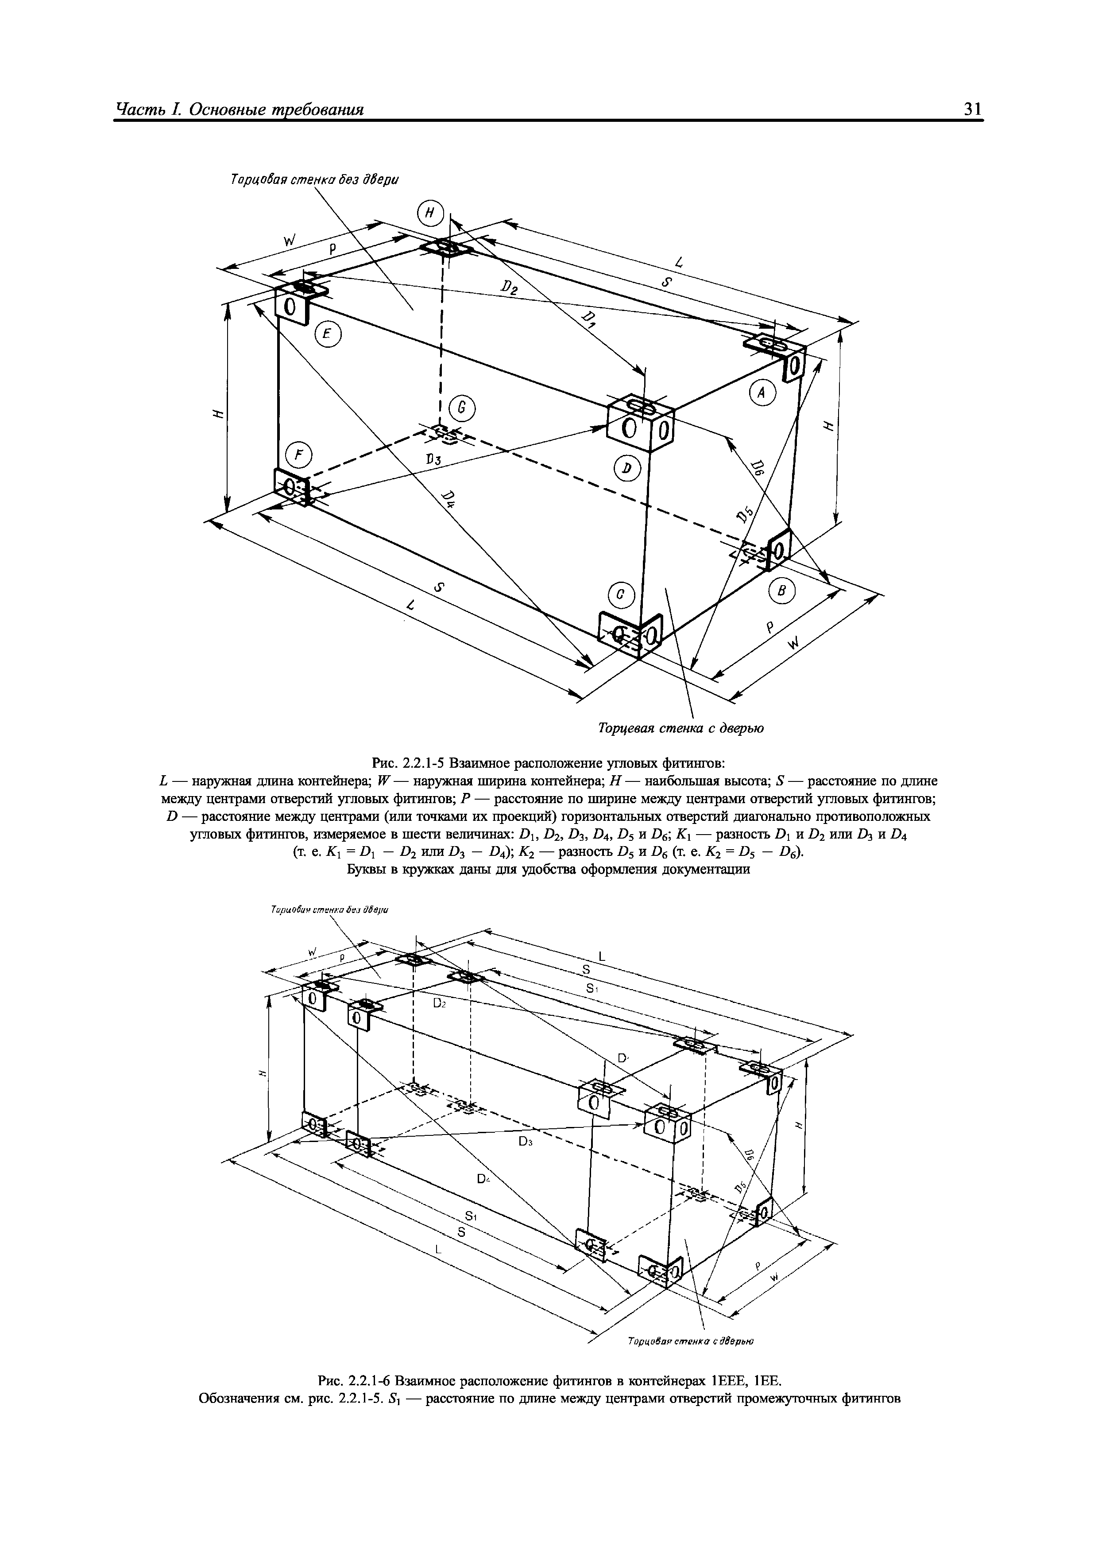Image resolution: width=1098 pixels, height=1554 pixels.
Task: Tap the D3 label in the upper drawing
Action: [433, 460]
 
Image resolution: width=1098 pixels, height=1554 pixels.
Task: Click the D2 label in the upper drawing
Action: [509, 290]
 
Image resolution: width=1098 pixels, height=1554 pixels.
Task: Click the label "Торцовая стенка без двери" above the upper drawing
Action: [315, 179]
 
